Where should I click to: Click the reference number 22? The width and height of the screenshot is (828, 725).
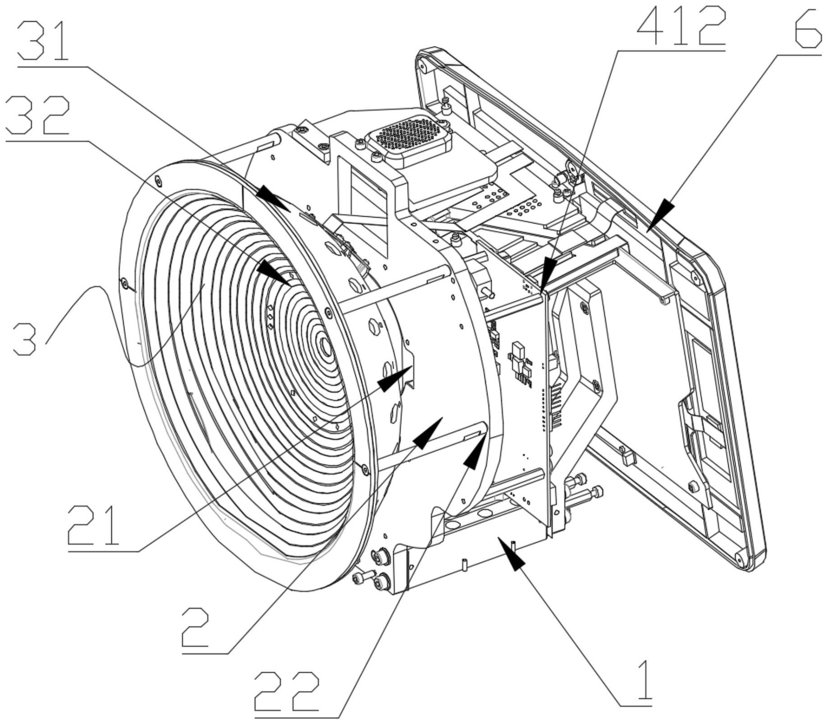287,689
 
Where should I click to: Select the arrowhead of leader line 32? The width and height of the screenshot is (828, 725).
274,273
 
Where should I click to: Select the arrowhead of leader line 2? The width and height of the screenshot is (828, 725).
428,432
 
